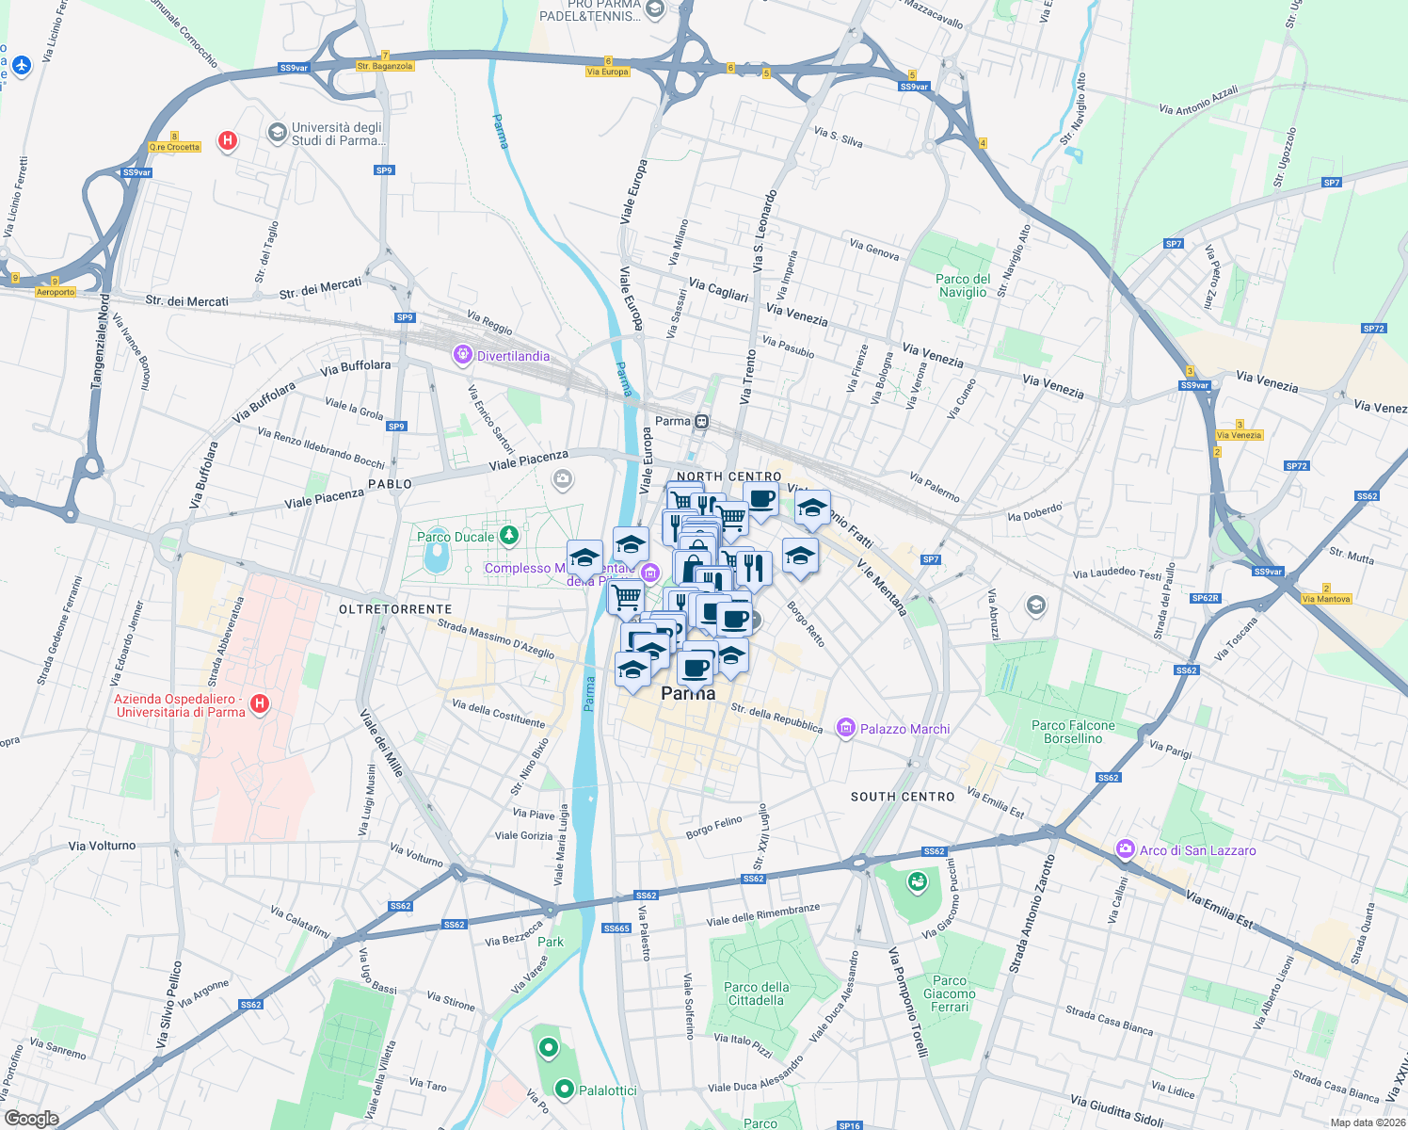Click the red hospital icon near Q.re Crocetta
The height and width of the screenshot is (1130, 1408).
[x=227, y=141]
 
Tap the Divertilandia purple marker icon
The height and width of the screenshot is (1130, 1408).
[x=462, y=355]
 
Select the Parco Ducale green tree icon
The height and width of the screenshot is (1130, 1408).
[x=509, y=536]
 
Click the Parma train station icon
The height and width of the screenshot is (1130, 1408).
[x=701, y=421]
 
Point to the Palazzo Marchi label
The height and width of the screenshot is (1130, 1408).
[x=904, y=729]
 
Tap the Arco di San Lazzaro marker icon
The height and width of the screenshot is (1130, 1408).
[x=1125, y=849]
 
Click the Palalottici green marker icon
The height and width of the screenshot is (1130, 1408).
[x=565, y=1089]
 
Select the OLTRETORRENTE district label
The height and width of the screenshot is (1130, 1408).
[x=395, y=609]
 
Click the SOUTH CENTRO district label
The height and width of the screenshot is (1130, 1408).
[x=903, y=797]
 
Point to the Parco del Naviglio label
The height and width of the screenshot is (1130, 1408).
[x=963, y=285]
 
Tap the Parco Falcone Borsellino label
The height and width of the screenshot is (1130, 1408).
[x=1073, y=732]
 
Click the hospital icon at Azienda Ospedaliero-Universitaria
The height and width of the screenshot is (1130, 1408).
[x=261, y=703]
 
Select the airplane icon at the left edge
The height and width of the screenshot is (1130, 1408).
[x=22, y=65]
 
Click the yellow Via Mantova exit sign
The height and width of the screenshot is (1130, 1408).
[x=1326, y=599]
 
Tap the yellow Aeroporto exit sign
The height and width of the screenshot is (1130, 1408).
[x=56, y=292]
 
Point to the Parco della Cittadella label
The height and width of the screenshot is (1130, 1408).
[x=757, y=993]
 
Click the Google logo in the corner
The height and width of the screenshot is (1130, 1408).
[x=31, y=1119]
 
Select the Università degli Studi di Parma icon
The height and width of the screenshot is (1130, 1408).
[x=277, y=132]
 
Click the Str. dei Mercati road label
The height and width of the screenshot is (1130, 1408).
[x=186, y=301]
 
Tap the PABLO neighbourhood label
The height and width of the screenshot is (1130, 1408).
[x=390, y=484]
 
